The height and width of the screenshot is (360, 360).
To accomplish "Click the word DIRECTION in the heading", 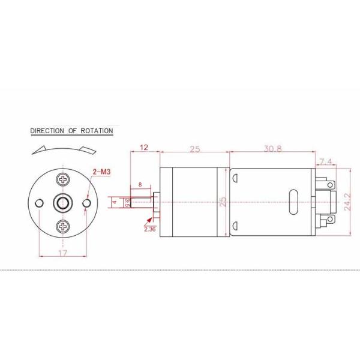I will point(47,130).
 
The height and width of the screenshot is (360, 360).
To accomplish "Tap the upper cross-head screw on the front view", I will point(62,179).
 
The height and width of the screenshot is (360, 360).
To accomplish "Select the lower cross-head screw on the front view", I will point(62,226).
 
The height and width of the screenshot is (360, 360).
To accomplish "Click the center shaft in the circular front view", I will point(62,203).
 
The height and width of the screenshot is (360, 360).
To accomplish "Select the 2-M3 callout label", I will point(101,173).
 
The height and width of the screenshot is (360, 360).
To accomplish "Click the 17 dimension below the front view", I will point(62,253).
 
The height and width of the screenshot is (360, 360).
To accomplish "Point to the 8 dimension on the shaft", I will point(140,185).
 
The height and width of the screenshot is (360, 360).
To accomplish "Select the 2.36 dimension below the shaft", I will point(149,228).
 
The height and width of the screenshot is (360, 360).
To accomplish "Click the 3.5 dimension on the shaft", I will point(127,202).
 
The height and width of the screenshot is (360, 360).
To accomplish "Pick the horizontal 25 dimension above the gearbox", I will point(195,148).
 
